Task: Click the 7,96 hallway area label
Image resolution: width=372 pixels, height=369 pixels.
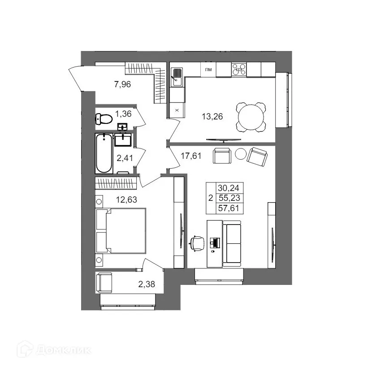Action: pyautogui.click(x=122, y=84)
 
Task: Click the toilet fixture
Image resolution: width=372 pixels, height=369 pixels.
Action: pyautogui.click(x=104, y=119)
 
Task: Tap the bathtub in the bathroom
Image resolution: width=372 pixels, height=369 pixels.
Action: pyautogui.click(x=104, y=154)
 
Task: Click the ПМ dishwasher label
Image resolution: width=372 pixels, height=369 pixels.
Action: pyautogui.click(x=208, y=70)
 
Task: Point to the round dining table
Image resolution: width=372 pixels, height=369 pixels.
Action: pyautogui.click(x=251, y=118)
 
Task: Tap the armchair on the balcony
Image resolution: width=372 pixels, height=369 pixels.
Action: pyautogui.click(x=106, y=282)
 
